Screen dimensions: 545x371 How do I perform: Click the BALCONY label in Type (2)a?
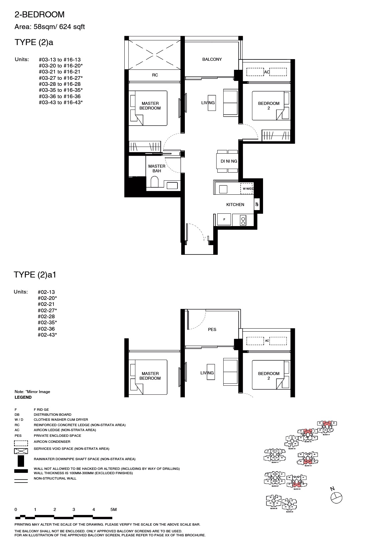[x=212, y=59]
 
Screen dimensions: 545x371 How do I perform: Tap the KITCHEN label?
[x=235, y=205]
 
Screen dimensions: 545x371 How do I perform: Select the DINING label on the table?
[x=229, y=161]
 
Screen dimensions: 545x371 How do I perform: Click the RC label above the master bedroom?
[x=155, y=75]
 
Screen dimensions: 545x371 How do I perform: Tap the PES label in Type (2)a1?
[x=212, y=330]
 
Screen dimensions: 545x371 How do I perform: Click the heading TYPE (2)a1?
[x=37, y=275]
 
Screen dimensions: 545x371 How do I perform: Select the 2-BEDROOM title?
[x=39, y=15]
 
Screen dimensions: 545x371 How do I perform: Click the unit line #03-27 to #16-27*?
[x=60, y=78]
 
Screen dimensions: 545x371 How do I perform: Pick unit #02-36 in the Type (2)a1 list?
[x=46, y=329]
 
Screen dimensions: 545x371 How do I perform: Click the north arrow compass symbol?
[x=336, y=497]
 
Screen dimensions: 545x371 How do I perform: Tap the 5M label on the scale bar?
[x=113, y=510]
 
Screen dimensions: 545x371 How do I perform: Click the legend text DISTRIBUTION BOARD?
[x=52, y=414]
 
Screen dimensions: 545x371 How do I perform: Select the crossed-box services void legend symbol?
[x=21, y=451]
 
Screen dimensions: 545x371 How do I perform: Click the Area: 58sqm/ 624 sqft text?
[x=50, y=27]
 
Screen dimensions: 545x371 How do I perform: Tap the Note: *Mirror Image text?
[x=32, y=392]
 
